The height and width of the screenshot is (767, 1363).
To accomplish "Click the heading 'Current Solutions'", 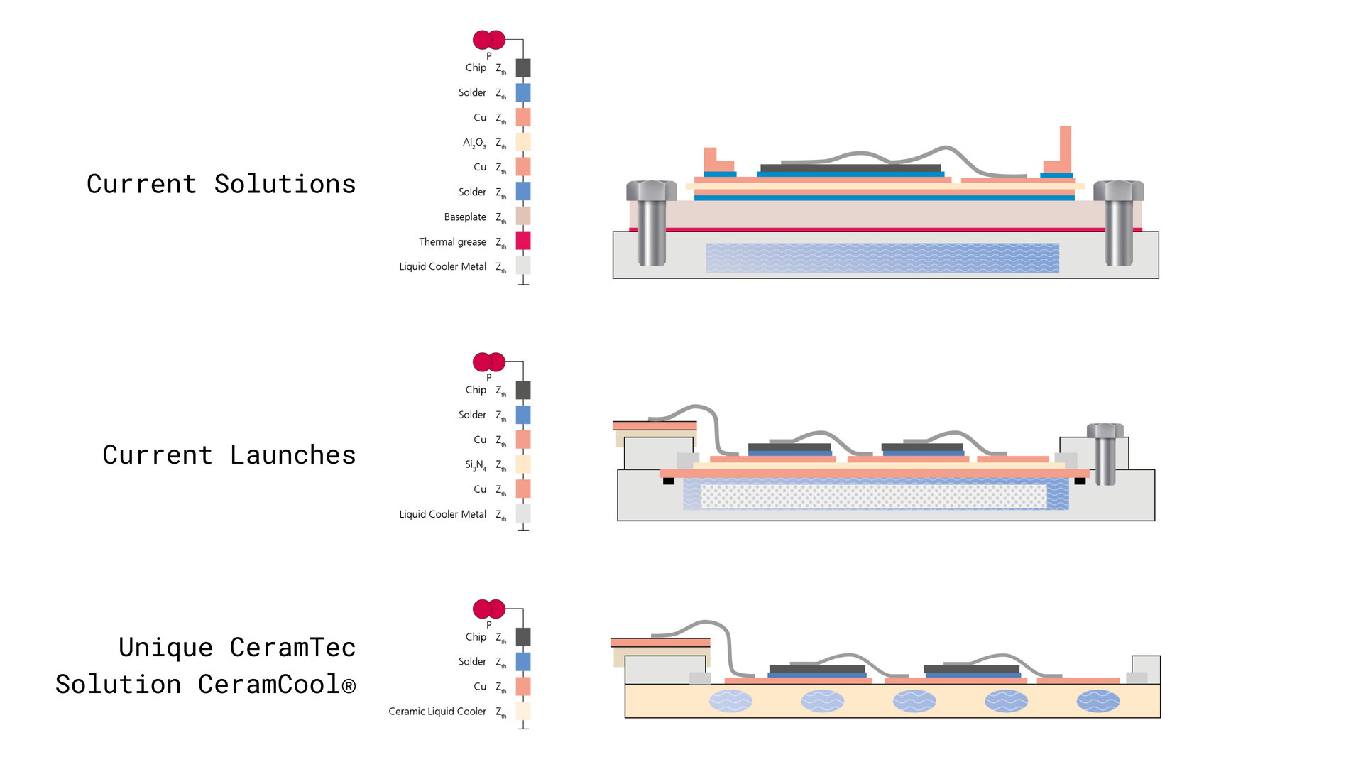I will click(x=221, y=184).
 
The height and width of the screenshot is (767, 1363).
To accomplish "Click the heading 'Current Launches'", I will click(x=229, y=455).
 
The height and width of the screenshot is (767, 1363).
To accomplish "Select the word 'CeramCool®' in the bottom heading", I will click(x=276, y=684).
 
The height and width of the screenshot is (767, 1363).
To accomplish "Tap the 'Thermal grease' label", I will click(x=452, y=242).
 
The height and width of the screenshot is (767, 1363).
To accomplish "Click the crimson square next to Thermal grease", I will click(x=523, y=241).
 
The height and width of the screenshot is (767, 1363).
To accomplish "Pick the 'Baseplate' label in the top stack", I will click(x=465, y=217).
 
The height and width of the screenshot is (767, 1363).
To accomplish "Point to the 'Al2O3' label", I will click(x=474, y=143).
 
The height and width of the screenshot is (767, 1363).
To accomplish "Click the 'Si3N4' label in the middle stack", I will click(x=476, y=465).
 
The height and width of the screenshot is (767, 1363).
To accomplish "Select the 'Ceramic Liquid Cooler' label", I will click(x=437, y=712).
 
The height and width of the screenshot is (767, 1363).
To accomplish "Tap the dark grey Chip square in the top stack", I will click(x=523, y=68).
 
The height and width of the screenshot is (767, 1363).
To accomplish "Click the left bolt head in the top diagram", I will click(x=651, y=190).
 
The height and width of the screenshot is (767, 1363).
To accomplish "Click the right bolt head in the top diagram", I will click(x=1118, y=190).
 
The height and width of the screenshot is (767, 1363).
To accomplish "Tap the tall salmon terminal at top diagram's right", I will click(x=1065, y=149).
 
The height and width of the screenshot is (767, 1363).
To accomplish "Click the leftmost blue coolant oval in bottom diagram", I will click(x=730, y=702).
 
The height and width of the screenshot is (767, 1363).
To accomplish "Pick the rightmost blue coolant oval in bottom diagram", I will click(x=1097, y=702).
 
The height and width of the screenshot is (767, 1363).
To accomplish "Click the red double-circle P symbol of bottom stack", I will click(x=489, y=609).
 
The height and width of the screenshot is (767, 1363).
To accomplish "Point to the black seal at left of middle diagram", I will click(x=668, y=482).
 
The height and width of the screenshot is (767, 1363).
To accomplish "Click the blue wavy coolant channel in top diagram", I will click(x=882, y=258).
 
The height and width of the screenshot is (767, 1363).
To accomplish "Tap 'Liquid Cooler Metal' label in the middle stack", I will click(x=442, y=514).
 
